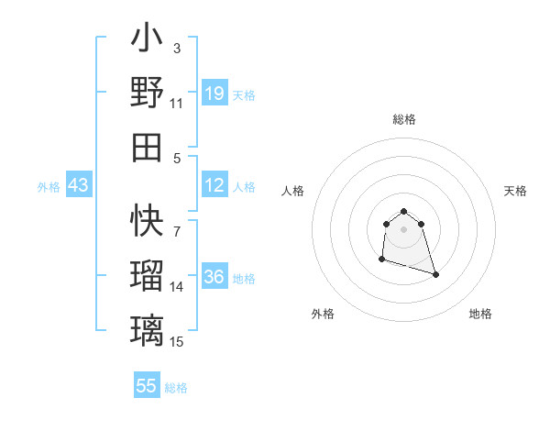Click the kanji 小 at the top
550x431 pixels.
[147, 41]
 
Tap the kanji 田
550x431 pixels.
[147, 147]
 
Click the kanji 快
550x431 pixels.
[147, 220]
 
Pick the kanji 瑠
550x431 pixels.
[147, 276]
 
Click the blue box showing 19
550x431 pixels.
[214, 94]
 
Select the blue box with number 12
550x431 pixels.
[214, 186]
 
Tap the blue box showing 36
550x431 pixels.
[214, 278]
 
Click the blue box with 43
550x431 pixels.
[79, 186]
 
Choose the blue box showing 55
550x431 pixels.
[147, 386]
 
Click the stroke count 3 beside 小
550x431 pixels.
[177, 47]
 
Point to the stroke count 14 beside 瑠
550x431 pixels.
[177, 287]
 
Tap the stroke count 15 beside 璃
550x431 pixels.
[177, 341]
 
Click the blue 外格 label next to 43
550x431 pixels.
[49, 187]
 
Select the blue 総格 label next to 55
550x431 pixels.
[176, 388]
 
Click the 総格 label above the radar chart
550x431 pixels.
[404, 119]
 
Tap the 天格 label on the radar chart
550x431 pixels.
[516, 191]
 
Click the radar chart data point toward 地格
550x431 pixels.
[435, 274]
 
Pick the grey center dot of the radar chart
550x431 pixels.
[404, 229]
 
